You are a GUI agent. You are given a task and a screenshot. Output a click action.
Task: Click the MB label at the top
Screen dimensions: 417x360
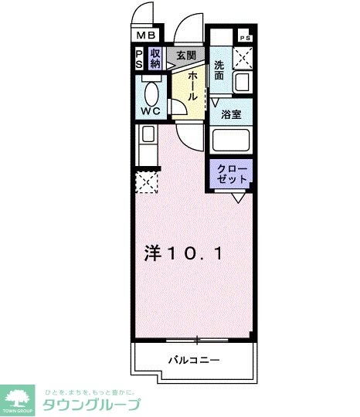click(x=146, y=36)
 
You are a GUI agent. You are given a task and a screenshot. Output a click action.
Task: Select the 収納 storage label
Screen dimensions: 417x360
click(x=155, y=58)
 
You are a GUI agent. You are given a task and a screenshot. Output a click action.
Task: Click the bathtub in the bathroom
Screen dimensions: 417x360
click(x=232, y=141)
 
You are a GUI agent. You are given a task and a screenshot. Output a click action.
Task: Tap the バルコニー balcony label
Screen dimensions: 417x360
click(x=194, y=360)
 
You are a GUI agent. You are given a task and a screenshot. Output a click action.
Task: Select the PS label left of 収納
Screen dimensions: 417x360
click(x=140, y=58)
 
